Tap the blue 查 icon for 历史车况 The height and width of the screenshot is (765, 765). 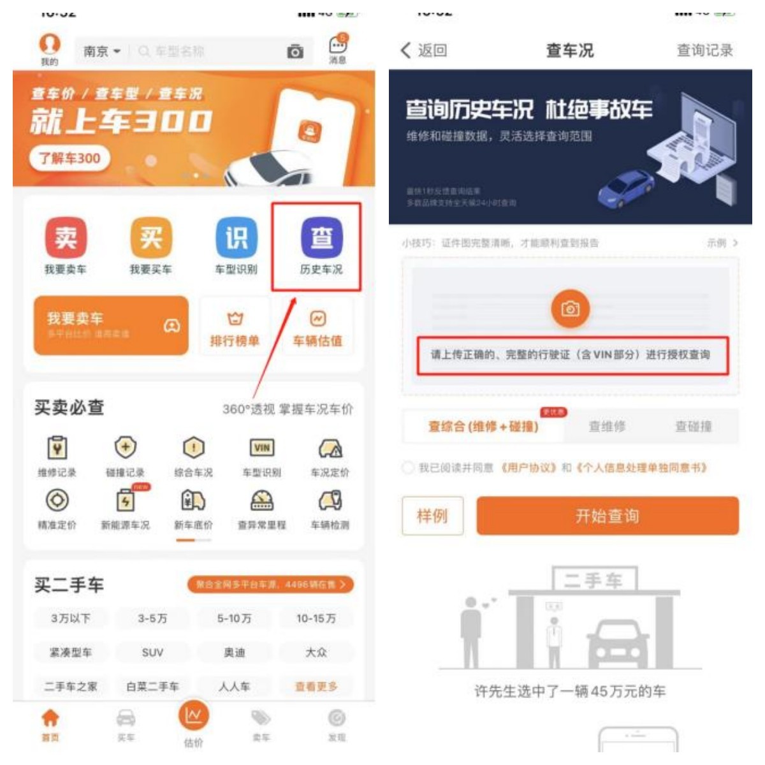(x=322, y=238)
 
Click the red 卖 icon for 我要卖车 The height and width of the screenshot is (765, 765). (x=66, y=238)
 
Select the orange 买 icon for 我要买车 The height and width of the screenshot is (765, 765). (x=151, y=238)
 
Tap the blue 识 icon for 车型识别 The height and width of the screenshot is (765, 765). (x=237, y=238)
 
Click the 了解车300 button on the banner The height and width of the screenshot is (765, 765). (x=69, y=158)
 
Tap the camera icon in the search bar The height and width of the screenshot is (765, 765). (x=295, y=52)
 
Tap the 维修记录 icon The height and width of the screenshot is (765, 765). (x=57, y=448)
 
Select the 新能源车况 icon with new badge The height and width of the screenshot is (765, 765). (x=126, y=501)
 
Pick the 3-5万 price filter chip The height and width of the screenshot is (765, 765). (x=152, y=618)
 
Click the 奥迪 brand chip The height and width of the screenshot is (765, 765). (x=234, y=652)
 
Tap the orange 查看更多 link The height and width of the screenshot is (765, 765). (x=316, y=687)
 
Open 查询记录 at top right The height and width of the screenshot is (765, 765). (x=704, y=50)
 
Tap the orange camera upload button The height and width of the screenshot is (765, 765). (x=570, y=309)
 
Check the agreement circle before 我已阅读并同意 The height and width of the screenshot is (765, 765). (x=408, y=468)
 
